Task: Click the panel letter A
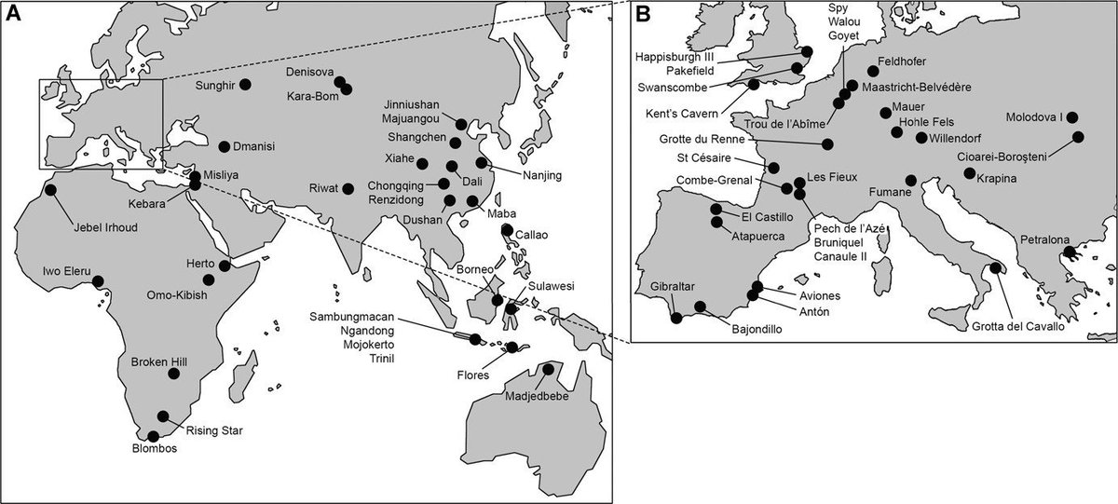14,15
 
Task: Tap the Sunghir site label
216,85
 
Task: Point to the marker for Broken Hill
173,374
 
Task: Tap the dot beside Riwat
348,188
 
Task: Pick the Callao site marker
506,229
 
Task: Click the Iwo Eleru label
66,271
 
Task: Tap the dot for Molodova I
1071,117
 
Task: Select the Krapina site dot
970,173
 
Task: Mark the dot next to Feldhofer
872,71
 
